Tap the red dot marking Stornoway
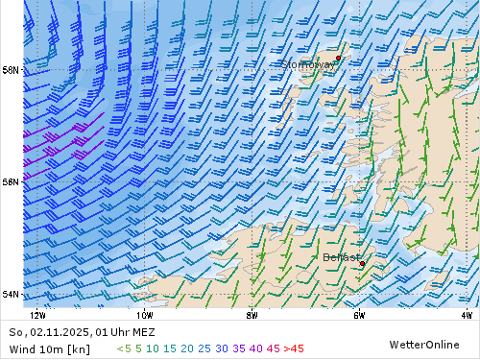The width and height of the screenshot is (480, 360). [x=338, y=58]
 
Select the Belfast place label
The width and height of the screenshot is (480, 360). [x=342, y=257]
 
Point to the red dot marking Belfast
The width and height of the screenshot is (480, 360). [x=362, y=263]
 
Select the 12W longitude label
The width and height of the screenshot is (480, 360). [x=37, y=314]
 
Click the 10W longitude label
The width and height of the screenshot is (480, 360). [x=145, y=314]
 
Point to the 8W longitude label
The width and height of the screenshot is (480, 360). [x=252, y=314]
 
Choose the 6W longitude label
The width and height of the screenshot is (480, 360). [x=359, y=314]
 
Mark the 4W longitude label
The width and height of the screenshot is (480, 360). [x=467, y=314]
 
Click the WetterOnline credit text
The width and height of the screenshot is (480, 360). [x=424, y=344]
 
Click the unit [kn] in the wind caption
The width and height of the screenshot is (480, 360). [x=80, y=348]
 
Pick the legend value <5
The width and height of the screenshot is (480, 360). [x=124, y=348]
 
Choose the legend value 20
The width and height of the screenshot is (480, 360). [x=186, y=348]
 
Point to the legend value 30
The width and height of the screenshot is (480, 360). [x=222, y=348]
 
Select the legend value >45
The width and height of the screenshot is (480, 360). [x=293, y=348]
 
